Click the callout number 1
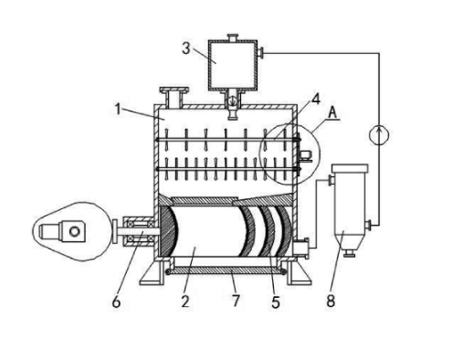118,109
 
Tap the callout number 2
185,301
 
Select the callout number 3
186,48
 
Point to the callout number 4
316,99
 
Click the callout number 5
275,302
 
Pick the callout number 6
117,302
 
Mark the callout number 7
237,301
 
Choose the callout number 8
331,301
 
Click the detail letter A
333,112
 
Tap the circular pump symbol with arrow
379,135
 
